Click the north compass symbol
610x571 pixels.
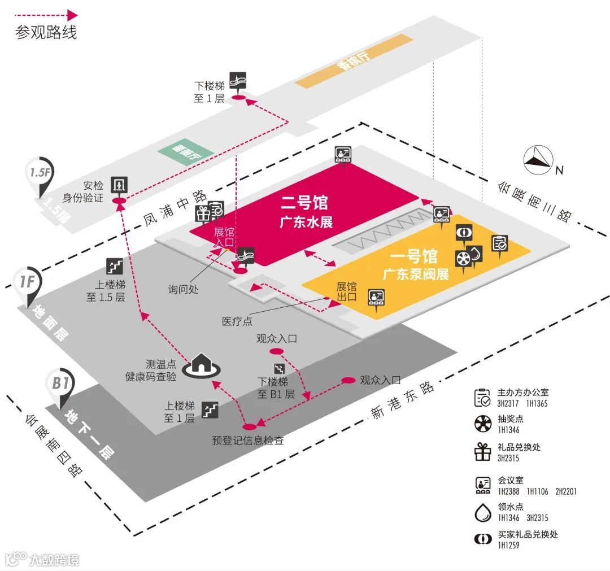point(538,160)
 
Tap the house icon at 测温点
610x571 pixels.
point(201,363)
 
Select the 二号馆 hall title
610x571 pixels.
point(304,202)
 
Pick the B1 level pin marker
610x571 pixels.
point(60,385)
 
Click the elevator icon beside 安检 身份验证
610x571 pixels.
point(120,184)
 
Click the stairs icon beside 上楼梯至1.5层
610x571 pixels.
point(115,266)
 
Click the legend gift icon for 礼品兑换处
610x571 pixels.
point(483,451)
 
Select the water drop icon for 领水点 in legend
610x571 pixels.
point(483,512)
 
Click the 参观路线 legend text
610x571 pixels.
point(46,32)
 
